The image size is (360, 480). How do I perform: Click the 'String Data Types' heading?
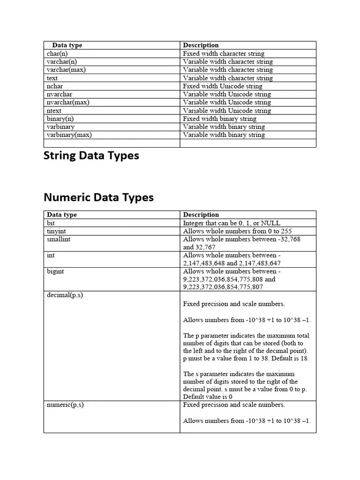tap(91, 156)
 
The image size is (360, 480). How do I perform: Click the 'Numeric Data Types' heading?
tap(98, 197)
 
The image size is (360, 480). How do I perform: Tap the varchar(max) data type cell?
tap(66, 70)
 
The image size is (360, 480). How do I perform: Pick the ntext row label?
tap(54, 111)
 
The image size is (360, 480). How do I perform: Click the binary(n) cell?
tap(60, 119)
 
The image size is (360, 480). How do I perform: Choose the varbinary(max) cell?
tap(69, 135)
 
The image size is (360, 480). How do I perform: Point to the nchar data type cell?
tap(55, 86)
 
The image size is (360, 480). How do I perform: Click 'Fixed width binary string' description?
tap(220, 119)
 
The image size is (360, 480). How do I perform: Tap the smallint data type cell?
tap(59, 239)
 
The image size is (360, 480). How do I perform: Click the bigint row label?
tap(55, 271)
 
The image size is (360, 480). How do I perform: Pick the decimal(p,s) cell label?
tap(65, 295)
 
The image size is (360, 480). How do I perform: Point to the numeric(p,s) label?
tap(65, 405)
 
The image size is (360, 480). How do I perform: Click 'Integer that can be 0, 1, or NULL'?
tap(232, 223)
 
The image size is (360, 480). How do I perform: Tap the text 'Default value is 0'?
tap(208, 397)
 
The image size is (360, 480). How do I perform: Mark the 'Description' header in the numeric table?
tap(201, 215)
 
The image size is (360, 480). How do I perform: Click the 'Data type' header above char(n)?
tap(67, 45)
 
